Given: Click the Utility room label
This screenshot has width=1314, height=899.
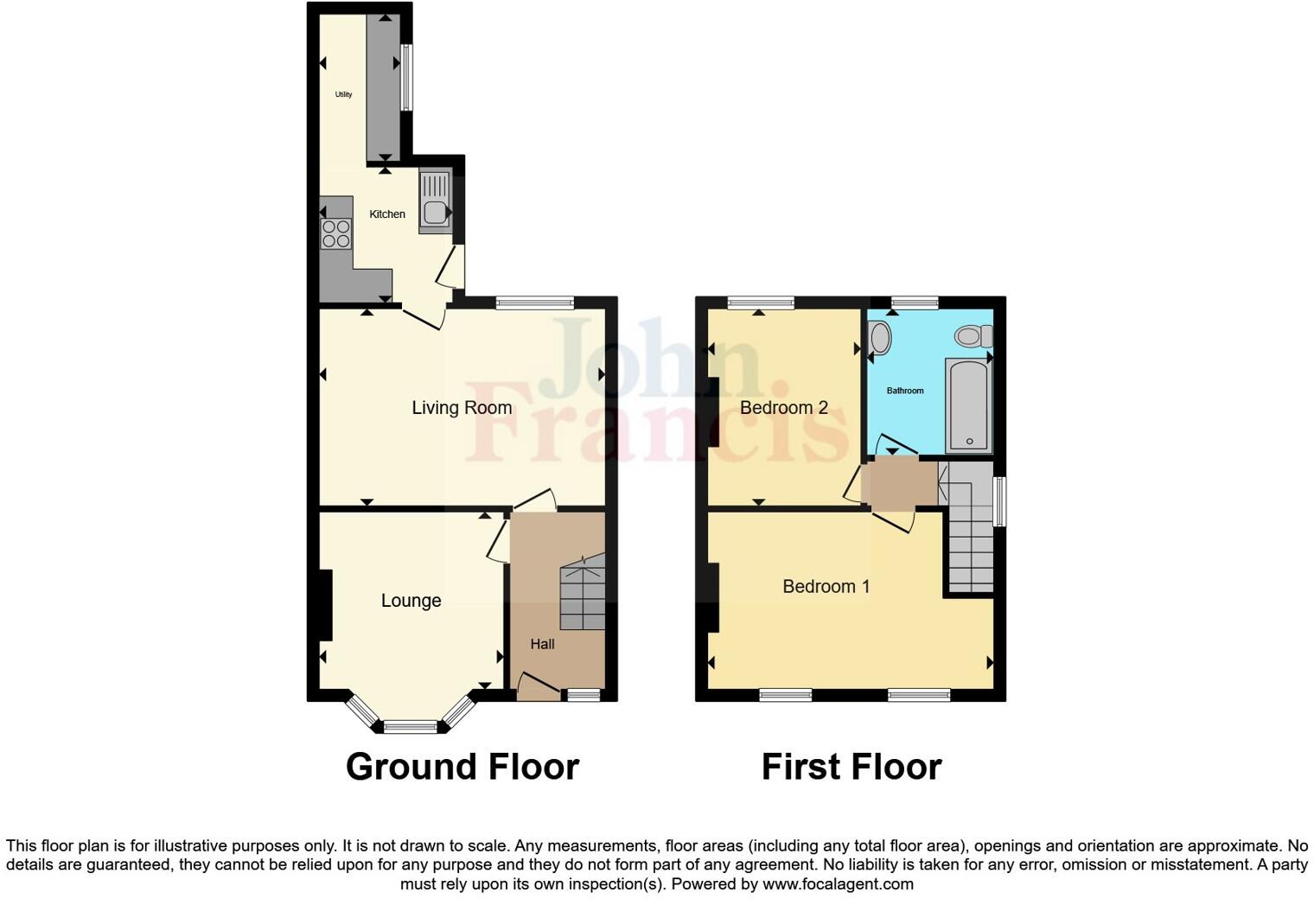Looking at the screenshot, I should pos(343,94).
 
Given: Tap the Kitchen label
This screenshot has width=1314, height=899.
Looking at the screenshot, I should pos(387,214).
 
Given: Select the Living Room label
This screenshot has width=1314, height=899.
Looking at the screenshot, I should pos(462,408).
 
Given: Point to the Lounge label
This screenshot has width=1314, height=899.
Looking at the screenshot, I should pos(411,601).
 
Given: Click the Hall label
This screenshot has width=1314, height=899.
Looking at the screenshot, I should pos(542,644).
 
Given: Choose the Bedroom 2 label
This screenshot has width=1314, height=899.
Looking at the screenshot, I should pos(784,408).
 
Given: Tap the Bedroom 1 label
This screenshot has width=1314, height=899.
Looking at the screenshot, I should pos(826,587).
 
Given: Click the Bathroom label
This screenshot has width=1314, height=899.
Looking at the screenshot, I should pos(905,391).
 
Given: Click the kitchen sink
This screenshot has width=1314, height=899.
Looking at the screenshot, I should pos(435,202).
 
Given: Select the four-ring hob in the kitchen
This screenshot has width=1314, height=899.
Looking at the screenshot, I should pos(336,234).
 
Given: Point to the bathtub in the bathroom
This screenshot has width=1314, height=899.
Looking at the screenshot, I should pos(968,405).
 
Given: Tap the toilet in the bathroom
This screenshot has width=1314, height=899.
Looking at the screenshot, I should pos(974,335).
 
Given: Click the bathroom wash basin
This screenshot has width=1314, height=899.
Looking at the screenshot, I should pos(879,337).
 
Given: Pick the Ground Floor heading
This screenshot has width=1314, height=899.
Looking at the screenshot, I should pos(462,767).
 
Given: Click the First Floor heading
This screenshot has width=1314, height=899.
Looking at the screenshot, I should pos(851,767).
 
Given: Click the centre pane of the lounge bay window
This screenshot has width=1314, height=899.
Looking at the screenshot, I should pos(411,727).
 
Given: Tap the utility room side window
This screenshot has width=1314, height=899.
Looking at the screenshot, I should pos(406,77).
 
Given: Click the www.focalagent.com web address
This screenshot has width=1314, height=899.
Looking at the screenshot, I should pos(838,884).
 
